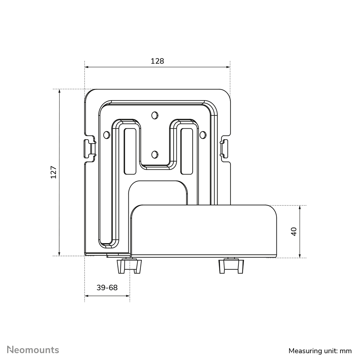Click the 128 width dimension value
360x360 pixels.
click(x=157, y=61)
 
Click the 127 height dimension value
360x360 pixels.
click(x=53, y=172)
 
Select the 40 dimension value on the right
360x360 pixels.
click(x=294, y=232)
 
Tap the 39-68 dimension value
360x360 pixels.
click(x=107, y=288)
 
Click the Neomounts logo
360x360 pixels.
click(x=33, y=350)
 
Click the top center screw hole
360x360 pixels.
click(x=155, y=115)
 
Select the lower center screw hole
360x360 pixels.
click(x=155, y=154)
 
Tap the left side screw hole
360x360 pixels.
click(x=106, y=135)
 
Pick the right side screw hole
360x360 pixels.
click(x=203, y=135)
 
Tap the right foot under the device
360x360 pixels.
click(x=231, y=266)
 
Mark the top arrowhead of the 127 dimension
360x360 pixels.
click(x=60, y=91)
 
